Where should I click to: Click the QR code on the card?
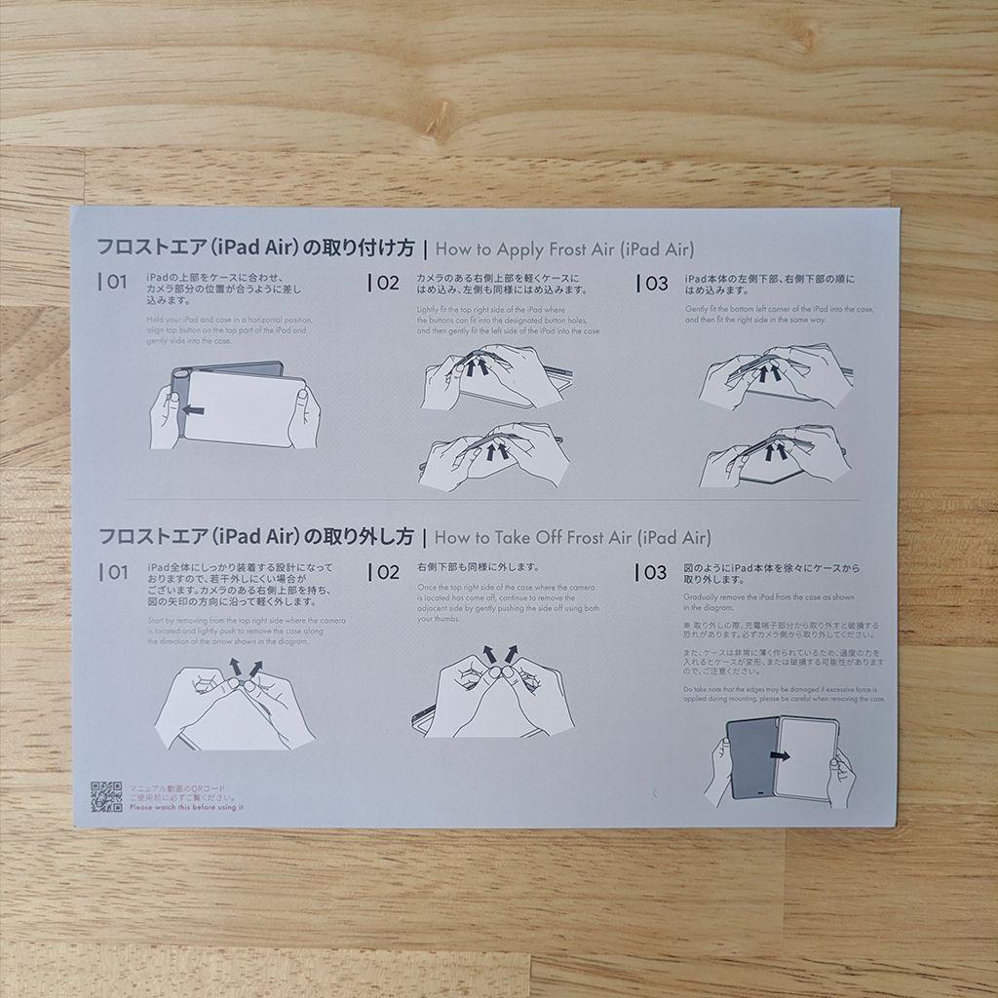106,796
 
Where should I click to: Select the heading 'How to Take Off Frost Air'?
573,537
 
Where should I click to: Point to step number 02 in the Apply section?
386,284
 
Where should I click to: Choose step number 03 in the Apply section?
655,285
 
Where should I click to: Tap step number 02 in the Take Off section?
386,573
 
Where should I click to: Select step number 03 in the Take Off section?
655,573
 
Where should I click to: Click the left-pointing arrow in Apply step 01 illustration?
194,411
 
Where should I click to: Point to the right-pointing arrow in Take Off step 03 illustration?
780,754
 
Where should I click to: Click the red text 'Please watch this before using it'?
186,807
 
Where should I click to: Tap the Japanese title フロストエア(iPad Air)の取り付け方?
256,248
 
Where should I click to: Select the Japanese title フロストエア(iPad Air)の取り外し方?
256,536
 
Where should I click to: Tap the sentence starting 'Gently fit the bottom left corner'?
779,314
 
